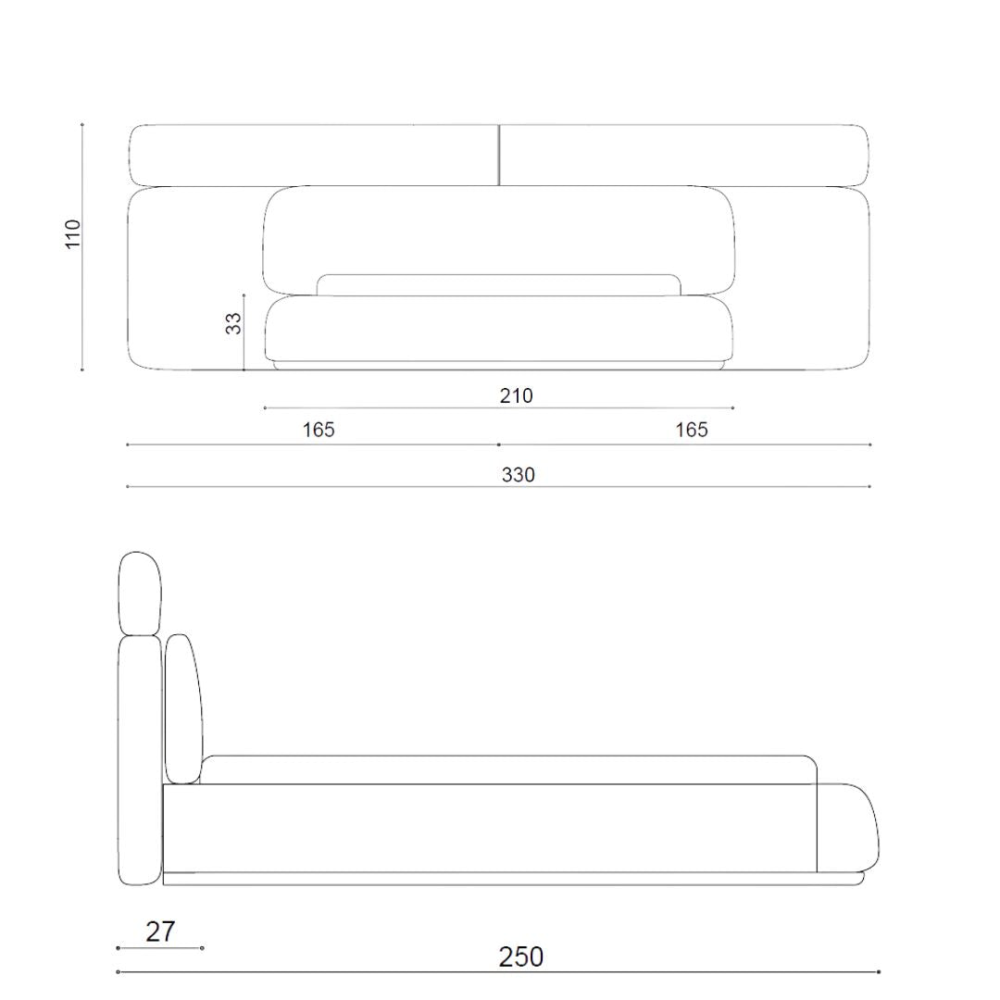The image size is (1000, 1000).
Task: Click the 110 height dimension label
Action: point(73,233)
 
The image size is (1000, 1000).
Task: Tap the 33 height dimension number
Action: point(234,323)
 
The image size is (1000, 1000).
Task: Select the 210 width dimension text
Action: point(516,396)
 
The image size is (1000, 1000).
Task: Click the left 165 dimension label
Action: point(319,430)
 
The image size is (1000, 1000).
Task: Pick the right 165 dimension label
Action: point(692,430)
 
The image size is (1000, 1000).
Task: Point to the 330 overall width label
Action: point(518,475)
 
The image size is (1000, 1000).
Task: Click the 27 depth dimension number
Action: point(160,931)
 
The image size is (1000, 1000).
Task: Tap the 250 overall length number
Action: point(521,957)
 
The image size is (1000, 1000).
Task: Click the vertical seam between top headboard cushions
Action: point(499,155)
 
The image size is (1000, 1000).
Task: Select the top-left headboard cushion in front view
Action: point(314,155)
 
